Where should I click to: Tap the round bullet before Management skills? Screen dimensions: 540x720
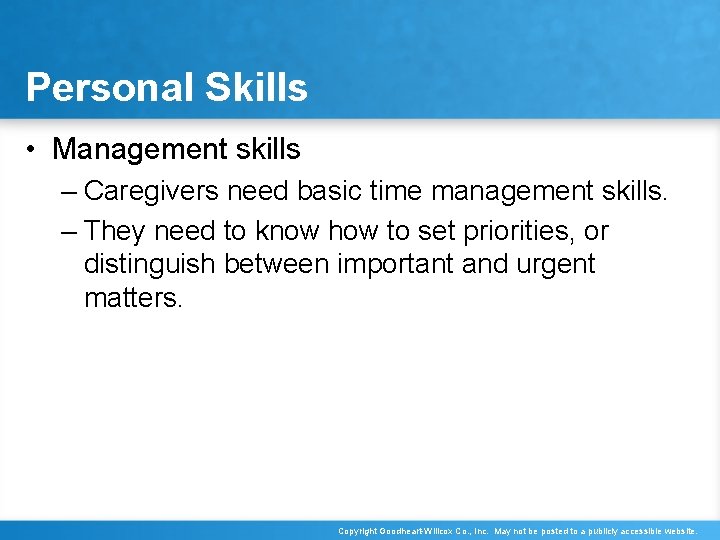[33, 150]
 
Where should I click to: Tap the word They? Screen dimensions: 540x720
[115, 231]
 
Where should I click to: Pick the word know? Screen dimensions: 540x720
[287, 231]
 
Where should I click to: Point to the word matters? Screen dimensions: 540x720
[132, 298]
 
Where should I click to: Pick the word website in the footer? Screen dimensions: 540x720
[675, 531]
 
